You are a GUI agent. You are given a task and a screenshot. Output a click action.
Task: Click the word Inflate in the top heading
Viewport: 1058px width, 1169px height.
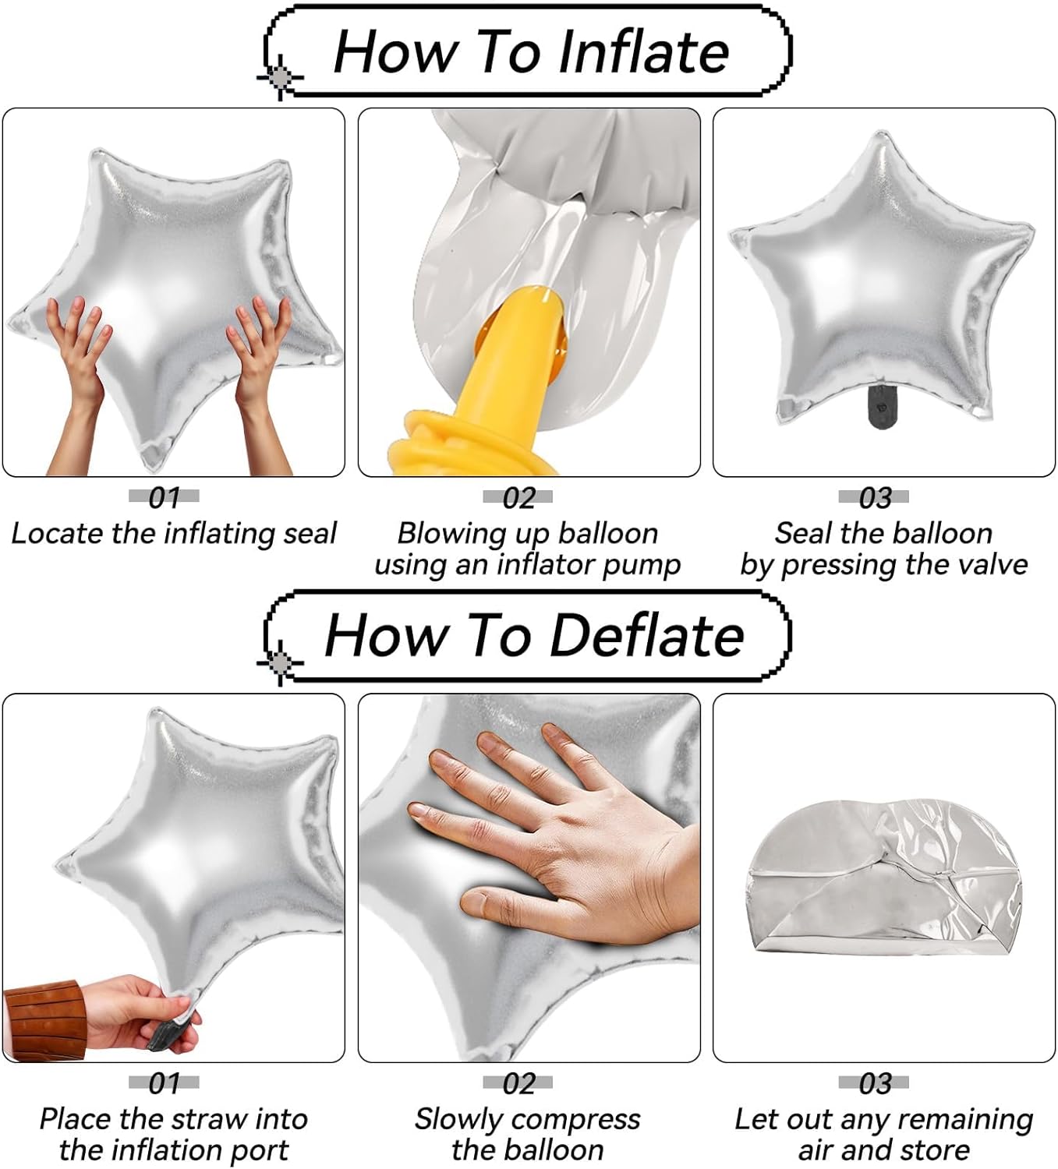pos(643,52)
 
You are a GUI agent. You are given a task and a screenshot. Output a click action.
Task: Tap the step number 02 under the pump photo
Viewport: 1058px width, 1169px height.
pos(518,498)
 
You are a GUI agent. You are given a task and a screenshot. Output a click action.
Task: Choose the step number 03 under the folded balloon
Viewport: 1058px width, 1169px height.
pos(874,1083)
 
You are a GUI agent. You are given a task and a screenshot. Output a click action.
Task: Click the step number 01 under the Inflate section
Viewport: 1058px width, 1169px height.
pos(164,498)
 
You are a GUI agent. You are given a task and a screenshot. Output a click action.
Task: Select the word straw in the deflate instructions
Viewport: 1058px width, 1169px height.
pos(193,1119)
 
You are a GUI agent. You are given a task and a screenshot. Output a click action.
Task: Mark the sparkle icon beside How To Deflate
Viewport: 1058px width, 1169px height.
pos(280,662)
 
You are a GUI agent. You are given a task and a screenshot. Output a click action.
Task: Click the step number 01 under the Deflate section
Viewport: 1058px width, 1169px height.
pos(164,1083)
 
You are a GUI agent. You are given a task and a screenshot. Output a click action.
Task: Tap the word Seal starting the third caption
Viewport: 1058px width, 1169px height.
pos(803,532)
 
